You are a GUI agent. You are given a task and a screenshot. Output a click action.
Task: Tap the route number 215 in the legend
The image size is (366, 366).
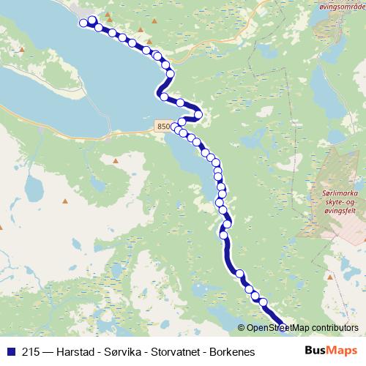click(x=31, y=351)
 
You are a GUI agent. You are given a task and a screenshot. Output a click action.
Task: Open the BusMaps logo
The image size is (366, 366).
click(x=331, y=351)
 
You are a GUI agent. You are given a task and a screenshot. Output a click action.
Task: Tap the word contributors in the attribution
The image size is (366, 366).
click(x=334, y=327)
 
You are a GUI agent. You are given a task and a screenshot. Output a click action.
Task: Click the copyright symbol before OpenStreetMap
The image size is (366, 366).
click(x=242, y=327)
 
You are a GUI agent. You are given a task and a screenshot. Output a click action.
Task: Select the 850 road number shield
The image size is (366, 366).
click(x=164, y=127)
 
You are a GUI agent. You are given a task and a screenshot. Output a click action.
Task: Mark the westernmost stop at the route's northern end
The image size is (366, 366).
click(x=83, y=22)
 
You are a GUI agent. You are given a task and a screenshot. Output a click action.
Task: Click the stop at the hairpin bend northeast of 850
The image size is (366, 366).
click(x=198, y=114)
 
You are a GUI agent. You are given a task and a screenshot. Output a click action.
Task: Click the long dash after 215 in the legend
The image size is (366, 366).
click(x=48, y=351)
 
